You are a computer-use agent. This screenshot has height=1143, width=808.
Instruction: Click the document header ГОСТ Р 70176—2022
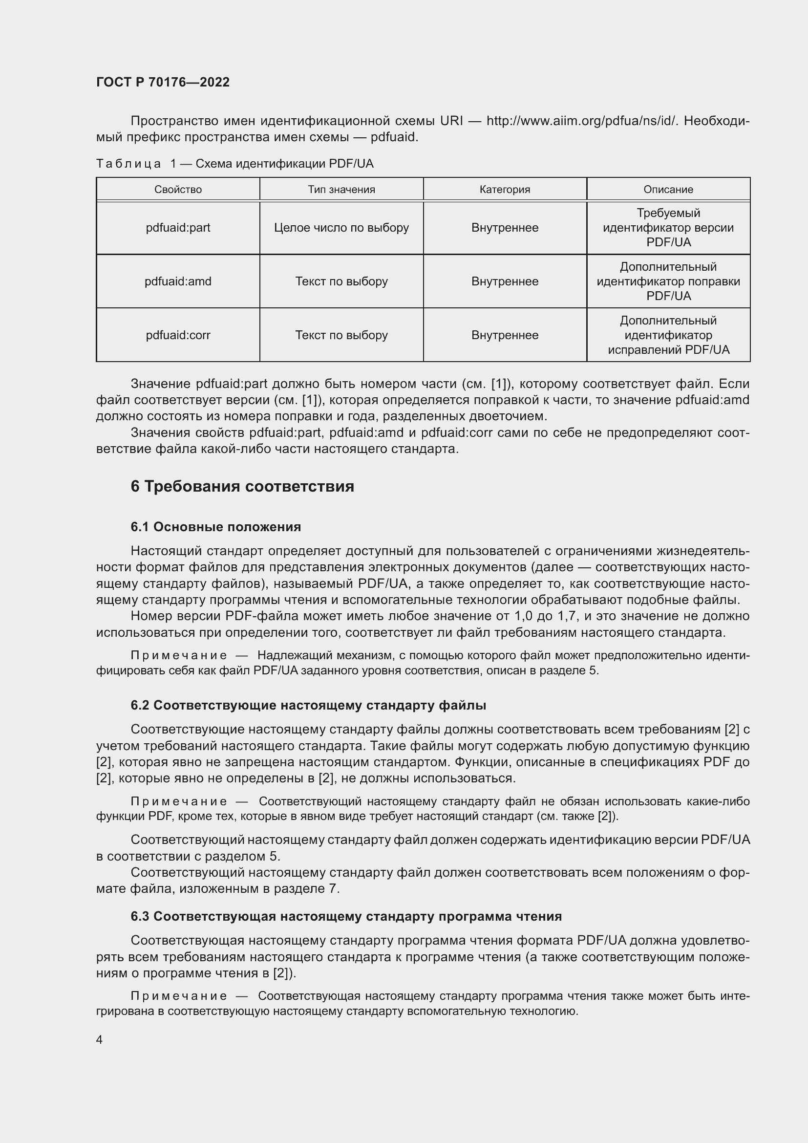[x=163, y=82]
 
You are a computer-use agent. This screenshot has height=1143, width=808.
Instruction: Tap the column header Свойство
[x=178, y=190]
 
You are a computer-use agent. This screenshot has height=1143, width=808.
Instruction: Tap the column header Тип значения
[x=341, y=190]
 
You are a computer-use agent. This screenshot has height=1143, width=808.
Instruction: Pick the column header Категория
[x=505, y=190]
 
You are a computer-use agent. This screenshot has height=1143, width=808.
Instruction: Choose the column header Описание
[x=668, y=190]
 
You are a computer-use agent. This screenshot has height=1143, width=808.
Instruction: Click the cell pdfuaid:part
[x=178, y=228]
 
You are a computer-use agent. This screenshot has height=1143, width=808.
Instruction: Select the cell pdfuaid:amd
[x=178, y=282]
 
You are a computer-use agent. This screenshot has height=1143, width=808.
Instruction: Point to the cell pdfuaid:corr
[x=178, y=336]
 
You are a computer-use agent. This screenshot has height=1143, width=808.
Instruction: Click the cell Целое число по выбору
[x=341, y=228]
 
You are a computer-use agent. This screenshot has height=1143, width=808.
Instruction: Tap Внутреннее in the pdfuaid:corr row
[x=505, y=336]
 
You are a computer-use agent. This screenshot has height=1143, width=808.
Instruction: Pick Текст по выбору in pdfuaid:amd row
[x=341, y=282]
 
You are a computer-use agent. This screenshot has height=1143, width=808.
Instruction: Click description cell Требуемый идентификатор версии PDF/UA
[x=668, y=228]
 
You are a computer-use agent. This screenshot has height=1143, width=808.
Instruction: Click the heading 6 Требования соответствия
[x=242, y=486]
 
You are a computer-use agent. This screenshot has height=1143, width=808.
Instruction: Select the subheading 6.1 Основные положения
[x=215, y=527]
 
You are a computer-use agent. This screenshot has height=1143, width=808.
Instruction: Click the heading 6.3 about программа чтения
[x=346, y=916]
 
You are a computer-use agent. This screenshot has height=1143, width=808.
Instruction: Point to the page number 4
[x=99, y=1040]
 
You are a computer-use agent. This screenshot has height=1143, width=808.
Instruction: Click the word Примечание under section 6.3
[x=179, y=996]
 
